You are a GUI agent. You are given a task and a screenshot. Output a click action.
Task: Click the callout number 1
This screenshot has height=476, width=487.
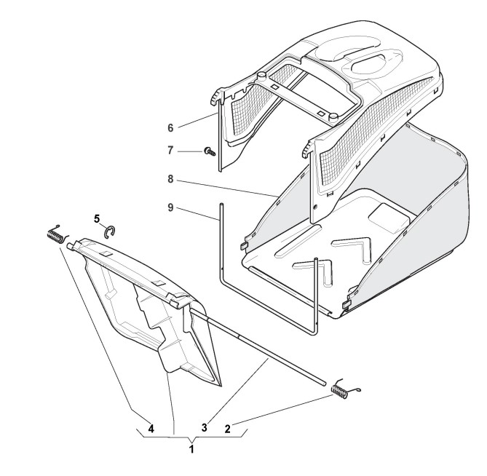(191, 448)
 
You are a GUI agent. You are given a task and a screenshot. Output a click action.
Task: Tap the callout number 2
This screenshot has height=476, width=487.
(228, 429)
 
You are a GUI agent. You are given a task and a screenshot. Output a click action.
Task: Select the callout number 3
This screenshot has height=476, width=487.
(204, 427)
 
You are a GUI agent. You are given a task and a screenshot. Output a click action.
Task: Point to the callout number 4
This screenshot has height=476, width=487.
(151, 429)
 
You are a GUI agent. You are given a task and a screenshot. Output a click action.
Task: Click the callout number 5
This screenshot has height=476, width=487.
(97, 219)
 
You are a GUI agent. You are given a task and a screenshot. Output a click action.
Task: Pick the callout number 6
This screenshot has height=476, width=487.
(170, 128)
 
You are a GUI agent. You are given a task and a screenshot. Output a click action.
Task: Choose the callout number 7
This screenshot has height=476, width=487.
(170, 151)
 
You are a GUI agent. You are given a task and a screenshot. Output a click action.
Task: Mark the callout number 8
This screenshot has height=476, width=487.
(170, 179)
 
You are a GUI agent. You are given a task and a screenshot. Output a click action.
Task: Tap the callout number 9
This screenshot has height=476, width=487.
(170, 207)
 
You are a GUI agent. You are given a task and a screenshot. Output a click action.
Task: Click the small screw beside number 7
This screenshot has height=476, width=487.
(210, 152)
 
